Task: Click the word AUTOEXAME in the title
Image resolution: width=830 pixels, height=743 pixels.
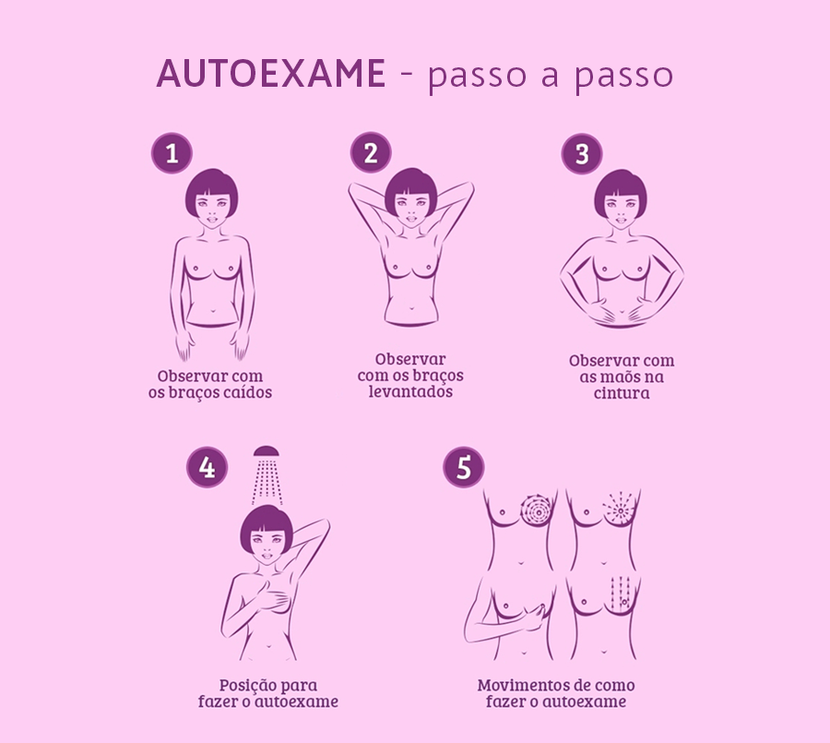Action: [x=270, y=73]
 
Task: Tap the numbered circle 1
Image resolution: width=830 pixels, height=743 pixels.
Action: [x=172, y=153]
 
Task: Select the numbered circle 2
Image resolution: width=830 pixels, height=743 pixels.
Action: [x=371, y=152]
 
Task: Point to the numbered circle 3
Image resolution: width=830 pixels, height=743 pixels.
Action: [x=582, y=154]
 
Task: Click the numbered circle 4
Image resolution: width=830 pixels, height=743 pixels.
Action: [x=207, y=467]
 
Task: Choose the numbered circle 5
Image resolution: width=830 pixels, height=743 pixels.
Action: [x=464, y=467]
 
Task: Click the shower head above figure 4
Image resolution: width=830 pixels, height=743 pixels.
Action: [x=267, y=451]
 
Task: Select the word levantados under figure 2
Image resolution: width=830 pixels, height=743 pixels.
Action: [x=410, y=391]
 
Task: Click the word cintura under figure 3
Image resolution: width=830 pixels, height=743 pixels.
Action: [x=622, y=393]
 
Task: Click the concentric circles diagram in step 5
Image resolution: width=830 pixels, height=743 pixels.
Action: [x=536, y=509]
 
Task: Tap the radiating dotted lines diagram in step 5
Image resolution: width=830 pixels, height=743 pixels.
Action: [x=619, y=509]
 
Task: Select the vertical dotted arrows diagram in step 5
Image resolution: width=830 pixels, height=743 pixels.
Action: [x=620, y=592]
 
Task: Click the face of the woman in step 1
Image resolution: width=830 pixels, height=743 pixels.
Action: [x=212, y=209]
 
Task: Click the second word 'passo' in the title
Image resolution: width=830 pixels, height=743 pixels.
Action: [x=623, y=76]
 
